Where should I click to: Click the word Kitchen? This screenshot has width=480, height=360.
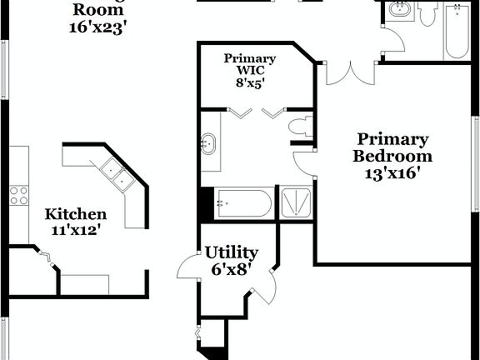coord(75,214)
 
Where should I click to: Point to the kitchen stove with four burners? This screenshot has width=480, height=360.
coord(17,196)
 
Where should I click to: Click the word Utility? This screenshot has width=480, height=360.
coord(232,252)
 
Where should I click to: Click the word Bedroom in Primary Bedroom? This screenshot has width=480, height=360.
coord(392,156)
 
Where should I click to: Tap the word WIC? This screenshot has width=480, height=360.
coord(249,70)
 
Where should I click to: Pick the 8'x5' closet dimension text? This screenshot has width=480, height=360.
coord(249,83)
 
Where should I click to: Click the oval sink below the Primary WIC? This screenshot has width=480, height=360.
coord(207,144)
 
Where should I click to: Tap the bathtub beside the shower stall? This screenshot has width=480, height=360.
coord(242,202)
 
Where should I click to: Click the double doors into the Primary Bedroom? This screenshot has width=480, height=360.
coord(347,73)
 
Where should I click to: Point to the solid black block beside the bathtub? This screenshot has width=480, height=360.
coord(207,203)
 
